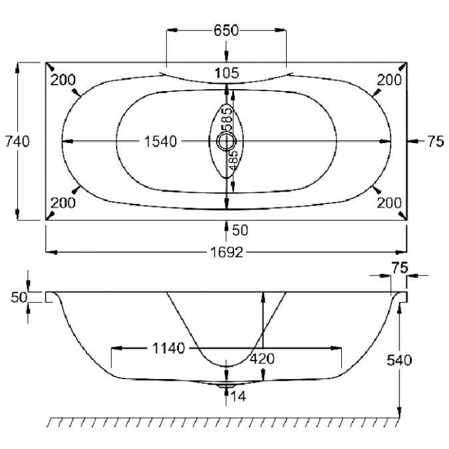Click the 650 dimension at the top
pyautogui.click(x=226, y=31)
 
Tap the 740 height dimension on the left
pyautogui.click(x=17, y=142)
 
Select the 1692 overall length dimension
pyautogui.click(x=227, y=253)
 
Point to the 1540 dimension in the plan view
pyautogui.click(x=161, y=142)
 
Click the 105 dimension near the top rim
pyautogui.click(x=227, y=73)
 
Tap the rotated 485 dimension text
pyautogui.click(x=233, y=161)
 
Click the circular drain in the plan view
pyautogui.click(x=226, y=142)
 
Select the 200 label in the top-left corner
pyautogui.click(x=63, y=80)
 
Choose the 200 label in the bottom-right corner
pyautogui.click(x=389, y=203)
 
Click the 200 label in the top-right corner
pyautogui.click(x=389, y=80)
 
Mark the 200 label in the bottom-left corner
pyautogui.click(x=63, y=203)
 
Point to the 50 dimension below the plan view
pyautogui.click(x=240, y=230)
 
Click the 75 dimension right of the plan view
pyautogui.click(x=436, y=142)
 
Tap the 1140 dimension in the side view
pyautogui.click(x=169, y=349)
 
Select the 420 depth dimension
pyautogui.click(x=262, y=359)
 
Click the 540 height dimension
pyautogui.click(x=399, y=361)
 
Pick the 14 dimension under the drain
pyautogui.click(x=238, y=396)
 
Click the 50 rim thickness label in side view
pyautogui.click(x=19, y=297)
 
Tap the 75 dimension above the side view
pyautogui.click(x=400, y=268)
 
